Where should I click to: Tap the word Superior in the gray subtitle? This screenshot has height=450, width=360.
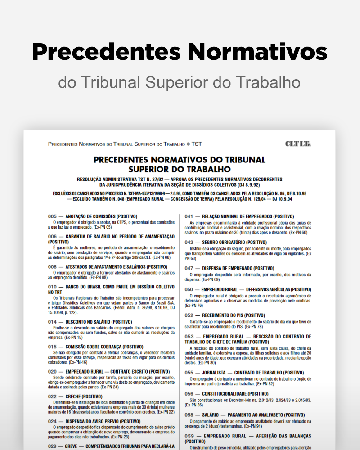(181, 82)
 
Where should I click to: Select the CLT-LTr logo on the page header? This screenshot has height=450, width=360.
(298, 144)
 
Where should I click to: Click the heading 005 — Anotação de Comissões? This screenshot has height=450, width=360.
(93, 216)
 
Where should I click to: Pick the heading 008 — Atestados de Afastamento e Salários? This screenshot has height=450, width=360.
(108, 266)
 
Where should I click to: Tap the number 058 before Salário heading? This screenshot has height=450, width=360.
(189, 414)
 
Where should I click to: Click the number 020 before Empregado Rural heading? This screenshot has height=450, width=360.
(52, 371)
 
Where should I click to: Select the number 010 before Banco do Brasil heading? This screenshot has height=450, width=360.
(52, 286)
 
